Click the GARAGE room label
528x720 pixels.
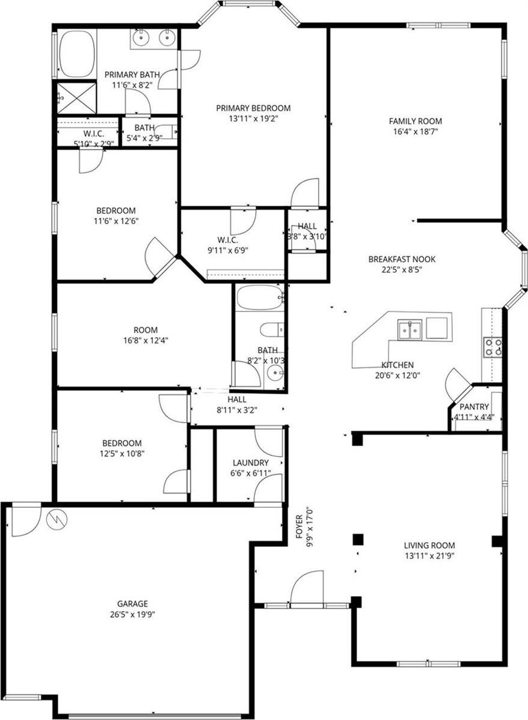[x=132, y=603]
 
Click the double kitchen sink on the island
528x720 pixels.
[x=410, y=330]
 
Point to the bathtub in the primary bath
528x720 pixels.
[x=78, y=54]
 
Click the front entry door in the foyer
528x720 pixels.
[x=306, y=589]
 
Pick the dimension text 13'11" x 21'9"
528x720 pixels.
[x=428, y=556]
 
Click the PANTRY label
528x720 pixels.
[x=474, y=407]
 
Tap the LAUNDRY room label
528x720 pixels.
[x=250, y=463]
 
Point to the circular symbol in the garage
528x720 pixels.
[x=57, y=519]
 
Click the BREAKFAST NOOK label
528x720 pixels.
[x=402, y=260]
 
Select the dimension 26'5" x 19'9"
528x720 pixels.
[x=132, y=614]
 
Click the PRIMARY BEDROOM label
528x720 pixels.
[x=253, y=108]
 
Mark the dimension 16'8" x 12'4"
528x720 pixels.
[x=146, y=340]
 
